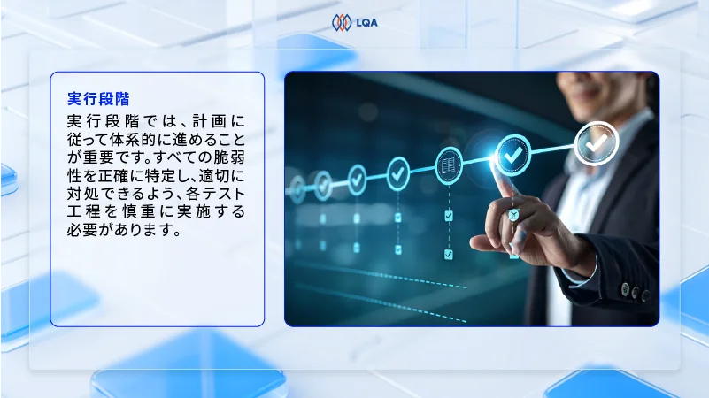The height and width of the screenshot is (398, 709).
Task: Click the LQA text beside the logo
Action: pyautogui.click(x=366, y=23)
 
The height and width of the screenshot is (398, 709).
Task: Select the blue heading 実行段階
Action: pyautogui.click(x=104, y=97)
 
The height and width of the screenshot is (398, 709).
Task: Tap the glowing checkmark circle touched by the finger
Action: pyautogui.click(x=511, y=155)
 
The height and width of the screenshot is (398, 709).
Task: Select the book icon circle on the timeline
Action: pyautogui.click(x=449, y=165)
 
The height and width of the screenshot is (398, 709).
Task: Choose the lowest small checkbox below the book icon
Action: pyautogui.click(x=449, y=254)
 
